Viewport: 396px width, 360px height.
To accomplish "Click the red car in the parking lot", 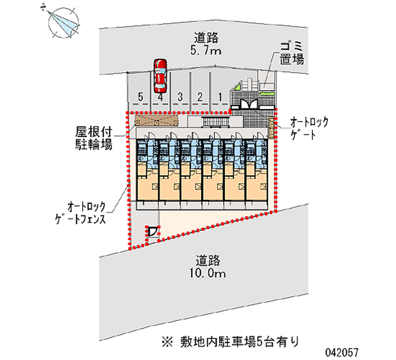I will [x=159, y=75].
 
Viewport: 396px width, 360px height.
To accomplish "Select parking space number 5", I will [x=141, y=97].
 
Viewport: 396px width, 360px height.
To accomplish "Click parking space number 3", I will [x=181, y=97].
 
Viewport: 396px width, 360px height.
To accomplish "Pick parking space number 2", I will [x=200, y=97].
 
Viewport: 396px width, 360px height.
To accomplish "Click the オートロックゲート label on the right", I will [x=309, y=128].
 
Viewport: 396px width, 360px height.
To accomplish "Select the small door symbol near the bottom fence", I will [x=153, y=231].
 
